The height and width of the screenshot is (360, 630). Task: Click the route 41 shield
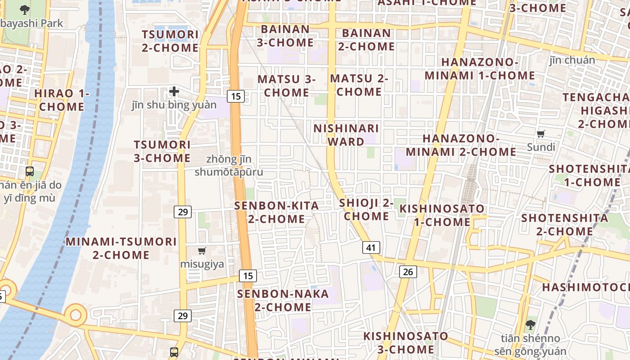pyautogui.click(x=371, y=247)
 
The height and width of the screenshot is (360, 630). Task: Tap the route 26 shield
pyautogui.click(x=408, y=271)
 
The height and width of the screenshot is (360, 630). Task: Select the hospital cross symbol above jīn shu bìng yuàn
pyautogui.click(x=174, y=92)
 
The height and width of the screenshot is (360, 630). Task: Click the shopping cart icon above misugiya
pyautogui.click(x=202, y=251)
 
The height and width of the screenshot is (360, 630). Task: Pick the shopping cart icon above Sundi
pyautogui.click(x=541, y=134)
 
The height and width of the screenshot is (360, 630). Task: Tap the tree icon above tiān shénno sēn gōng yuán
pyautogui.click(x=531, y=324)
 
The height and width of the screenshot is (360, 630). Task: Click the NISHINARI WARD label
pyautogui.click(x=346, y=135)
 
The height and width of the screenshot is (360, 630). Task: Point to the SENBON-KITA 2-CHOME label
pyautogui.click(x=276, y=212)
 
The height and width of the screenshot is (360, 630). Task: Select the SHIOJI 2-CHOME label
pyautogui.click(x=366, y=210)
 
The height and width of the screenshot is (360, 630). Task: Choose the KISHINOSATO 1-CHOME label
pyautogui.click(x=442, y=215)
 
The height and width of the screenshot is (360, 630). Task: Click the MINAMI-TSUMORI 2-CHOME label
pyautogui.click(x=121, y=248)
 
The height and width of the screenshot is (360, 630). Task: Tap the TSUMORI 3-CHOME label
pyautogui.click(x=162, y=151)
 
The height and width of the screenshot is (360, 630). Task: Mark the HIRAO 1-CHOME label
pyautogui.click(x=62, y=100)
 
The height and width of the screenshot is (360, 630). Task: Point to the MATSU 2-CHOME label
pyautogui.click(x=359, y=85)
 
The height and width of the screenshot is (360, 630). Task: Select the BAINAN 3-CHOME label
pyautogui.click(x=285, y=36)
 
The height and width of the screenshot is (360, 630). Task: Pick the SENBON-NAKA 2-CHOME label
pyautogui.click(x=283, y=301)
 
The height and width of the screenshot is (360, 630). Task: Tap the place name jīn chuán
pyautogui.click(x=572, y=60)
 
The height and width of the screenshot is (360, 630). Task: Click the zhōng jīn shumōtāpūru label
pyautogui.click(x=229, y=166)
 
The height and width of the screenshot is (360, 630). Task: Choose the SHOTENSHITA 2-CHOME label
pyautogui.click(x=564, y=225)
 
